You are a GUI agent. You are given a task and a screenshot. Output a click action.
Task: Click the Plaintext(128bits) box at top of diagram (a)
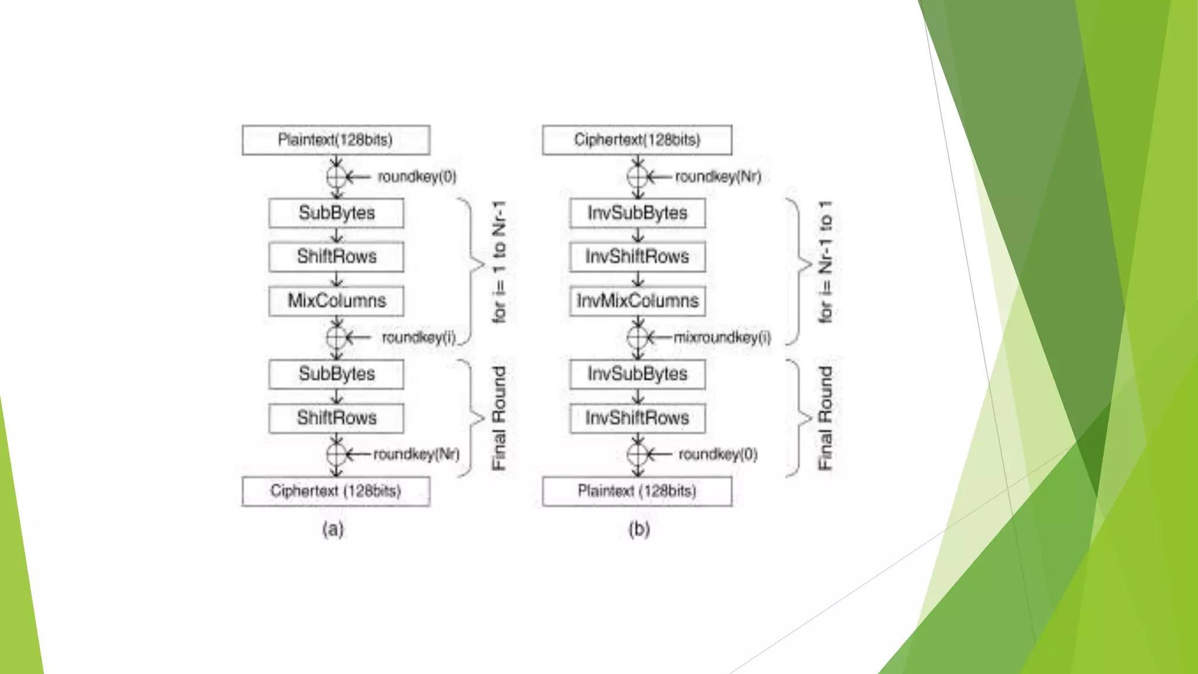point(336,140)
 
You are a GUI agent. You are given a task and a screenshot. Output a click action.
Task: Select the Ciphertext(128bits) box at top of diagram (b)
point(636,140)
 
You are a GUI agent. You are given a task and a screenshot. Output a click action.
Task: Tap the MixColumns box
point(336,301)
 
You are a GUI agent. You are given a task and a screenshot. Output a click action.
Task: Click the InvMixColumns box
point(637,301)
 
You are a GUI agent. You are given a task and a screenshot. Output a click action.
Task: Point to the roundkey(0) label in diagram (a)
point(416,177)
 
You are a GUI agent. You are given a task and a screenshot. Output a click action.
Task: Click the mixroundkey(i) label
point(722,338)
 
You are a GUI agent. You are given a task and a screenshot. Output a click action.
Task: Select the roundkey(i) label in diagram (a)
point(418,338)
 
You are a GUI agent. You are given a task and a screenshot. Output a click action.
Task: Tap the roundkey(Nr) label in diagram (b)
point(718,177)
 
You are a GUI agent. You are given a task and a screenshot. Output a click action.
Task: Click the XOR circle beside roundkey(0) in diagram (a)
point(337,177)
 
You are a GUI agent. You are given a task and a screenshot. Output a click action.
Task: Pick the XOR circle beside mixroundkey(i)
point(638,338)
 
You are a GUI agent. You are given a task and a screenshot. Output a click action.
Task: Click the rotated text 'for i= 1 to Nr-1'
point(499,262)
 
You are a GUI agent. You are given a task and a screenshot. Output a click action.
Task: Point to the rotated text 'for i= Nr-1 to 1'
point(825,262)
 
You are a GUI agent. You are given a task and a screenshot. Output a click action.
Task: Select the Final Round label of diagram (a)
point(499,418)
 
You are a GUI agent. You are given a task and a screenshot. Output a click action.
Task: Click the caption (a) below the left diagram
point(333,529)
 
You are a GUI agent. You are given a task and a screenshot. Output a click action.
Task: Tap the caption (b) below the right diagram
point(639,529)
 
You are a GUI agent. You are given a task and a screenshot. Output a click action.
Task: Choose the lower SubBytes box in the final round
point(336,374)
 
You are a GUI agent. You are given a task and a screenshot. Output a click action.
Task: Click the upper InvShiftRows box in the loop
point(637,256)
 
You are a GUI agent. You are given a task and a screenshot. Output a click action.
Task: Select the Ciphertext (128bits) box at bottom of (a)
point(336,491)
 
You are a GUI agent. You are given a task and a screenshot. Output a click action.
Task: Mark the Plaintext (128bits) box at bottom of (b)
point(636,491)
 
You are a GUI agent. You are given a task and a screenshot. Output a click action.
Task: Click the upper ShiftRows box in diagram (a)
point(336,256)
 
